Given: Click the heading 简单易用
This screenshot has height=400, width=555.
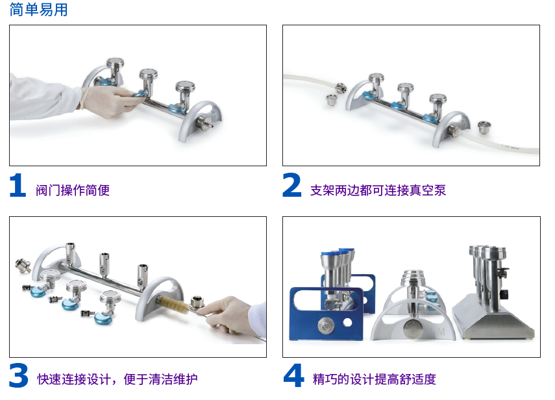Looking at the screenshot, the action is pos(38,10).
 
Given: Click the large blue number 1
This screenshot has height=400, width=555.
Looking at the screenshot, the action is pos(18,185).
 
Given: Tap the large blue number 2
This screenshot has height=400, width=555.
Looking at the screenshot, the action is pos(291,185).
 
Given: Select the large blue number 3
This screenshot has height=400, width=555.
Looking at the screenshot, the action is pos(18,375).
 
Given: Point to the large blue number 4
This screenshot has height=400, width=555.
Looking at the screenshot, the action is pos(294,375).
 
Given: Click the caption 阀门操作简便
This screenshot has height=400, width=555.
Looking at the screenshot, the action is pos(73,190).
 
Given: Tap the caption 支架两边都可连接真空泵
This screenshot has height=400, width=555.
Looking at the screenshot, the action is pos(378,190).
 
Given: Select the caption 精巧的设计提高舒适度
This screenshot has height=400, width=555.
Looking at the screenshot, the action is pos(374,379).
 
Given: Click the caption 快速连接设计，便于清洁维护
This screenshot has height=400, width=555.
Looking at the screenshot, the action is pos(117,379).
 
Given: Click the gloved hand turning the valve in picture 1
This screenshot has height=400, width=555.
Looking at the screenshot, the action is pos(110,101).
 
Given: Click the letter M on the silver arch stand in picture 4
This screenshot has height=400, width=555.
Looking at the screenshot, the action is pos(441,332).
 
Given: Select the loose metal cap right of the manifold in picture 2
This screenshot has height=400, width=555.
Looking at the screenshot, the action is pos(484,127).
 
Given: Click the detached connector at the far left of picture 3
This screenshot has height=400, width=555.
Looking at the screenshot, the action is pos(23,266).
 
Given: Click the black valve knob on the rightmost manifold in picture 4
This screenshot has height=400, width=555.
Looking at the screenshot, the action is pos(502,273).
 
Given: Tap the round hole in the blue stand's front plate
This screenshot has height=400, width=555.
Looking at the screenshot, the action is pos(347,323).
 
